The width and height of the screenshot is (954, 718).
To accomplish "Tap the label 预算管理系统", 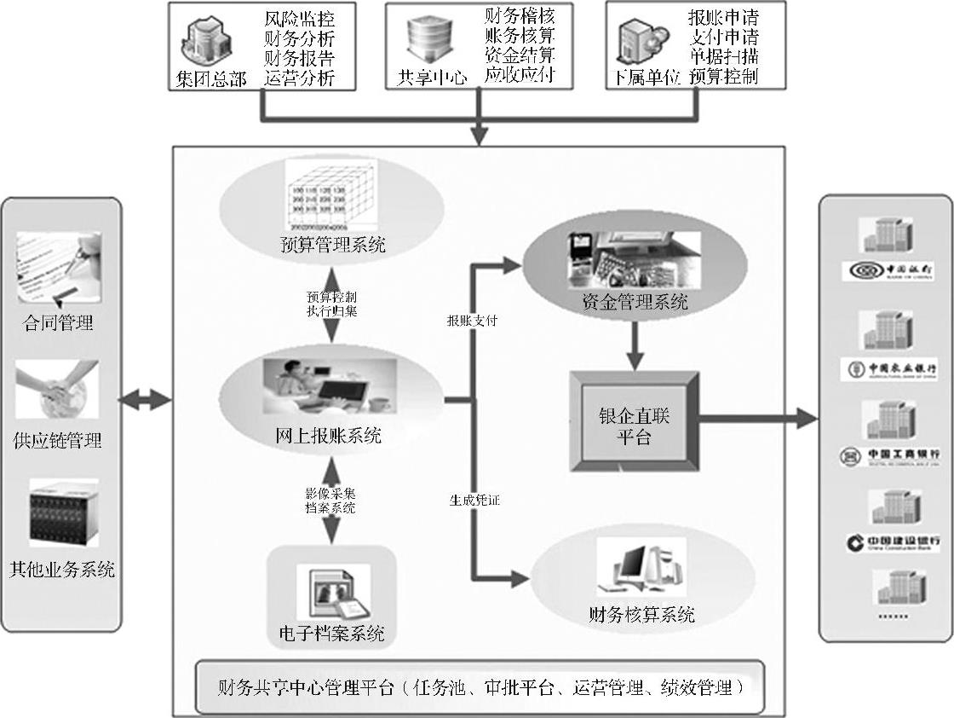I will click(x=333, y=246).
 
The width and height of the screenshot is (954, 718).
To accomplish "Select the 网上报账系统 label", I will click(x=329, y=437).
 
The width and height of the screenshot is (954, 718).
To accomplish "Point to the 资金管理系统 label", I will click(x=635, y=302).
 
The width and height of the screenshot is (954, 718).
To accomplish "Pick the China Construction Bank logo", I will click(x=894, y=542).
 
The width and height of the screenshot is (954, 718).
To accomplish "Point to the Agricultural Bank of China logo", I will click(x=892, y=369).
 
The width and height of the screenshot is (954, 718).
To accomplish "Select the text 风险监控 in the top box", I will click(x=299, y=18).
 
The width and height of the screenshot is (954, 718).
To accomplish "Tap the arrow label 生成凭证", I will click(x=474, y=501).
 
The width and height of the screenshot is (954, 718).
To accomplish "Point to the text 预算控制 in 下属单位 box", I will click(x=725, y=76).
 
